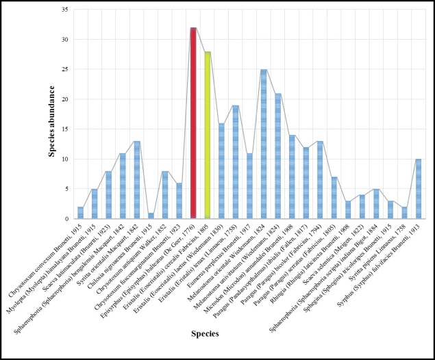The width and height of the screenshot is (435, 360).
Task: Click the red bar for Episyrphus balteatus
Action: [x=193, y=123]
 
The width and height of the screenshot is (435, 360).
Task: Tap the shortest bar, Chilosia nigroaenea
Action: [x=151, y=216]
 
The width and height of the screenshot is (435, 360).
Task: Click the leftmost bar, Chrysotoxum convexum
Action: [x=81, y=213]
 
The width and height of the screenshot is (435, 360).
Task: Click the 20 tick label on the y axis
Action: [x=63, y=100]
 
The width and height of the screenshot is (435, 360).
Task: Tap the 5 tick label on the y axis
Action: [x=65, y=189]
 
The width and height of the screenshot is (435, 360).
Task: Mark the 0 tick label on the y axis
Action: [x=65, y=219]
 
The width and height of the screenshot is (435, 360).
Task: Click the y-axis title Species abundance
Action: [x=51, y=114]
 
